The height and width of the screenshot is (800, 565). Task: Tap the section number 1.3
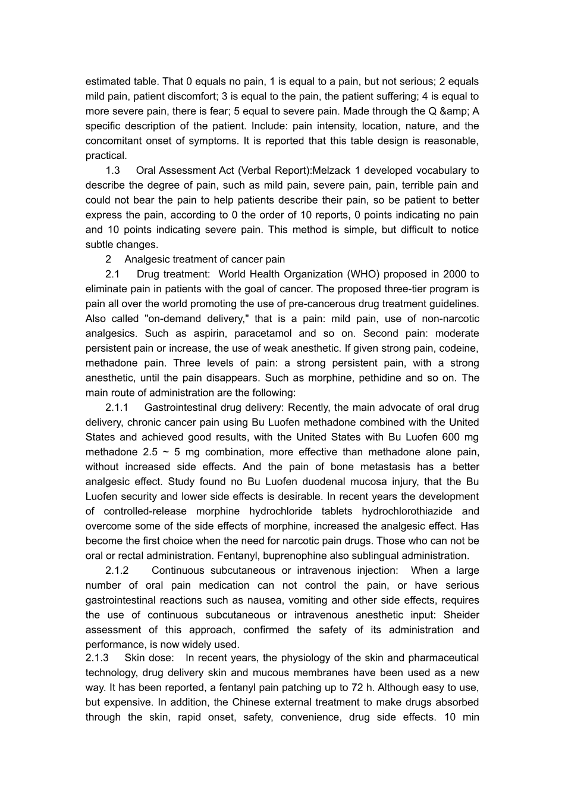click(x=112, y=170)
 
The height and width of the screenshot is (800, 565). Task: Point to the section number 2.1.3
click(x=97, y=658)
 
